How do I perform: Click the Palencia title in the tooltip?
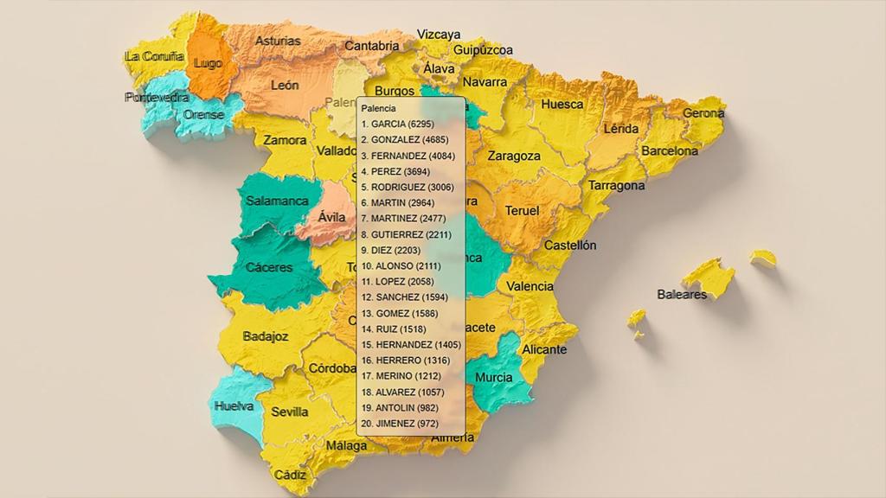pyautogui.click(x=379, y=109)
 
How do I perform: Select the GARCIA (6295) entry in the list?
pyautogui.click(x=397, y=124)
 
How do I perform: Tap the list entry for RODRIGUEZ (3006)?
pyautogui.click(x=407, y=187)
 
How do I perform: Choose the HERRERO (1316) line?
pyautogui.click(x=405, y=360)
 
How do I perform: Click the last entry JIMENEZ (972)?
pyautogui.click(x=400, y=424)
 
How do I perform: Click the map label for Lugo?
pyautogui.click(x=209, y=64)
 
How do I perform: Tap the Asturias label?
pyautogui.click(x=279, y=41)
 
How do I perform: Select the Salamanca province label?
pyautogui.click(x=277, y=201)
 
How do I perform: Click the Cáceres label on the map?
pyautogui.click(x=269, y=267)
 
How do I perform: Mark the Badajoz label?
pyautogui.click(x=266, y=336)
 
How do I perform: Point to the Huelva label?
pyautogui.click(x=234, y=405)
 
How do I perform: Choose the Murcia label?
pyautogui.click(x=493, y=378)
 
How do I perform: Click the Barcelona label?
pyautogui.click(x=670, y=150)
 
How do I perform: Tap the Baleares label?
pyautogui.click(x=682, y=294)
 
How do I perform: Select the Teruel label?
pyautogui.click(x=522, y=211)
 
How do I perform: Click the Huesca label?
pyautogui.click(x=562, y=105)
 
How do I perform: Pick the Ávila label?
pyautogui.click(x=331, y=217)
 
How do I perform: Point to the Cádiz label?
pyautogui.click(x=290, y=475)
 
